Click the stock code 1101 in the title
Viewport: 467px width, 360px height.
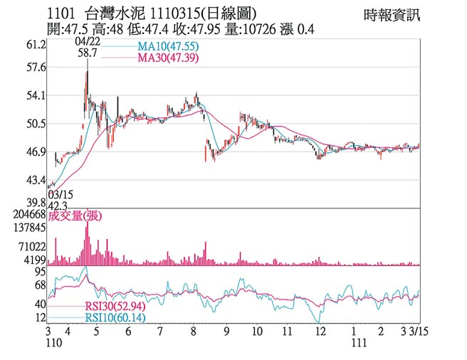point(61,12)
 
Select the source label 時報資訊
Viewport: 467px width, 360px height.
point(392,14)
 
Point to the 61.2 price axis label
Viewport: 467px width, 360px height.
point(36,44)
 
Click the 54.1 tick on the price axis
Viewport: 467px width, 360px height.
point(36,95)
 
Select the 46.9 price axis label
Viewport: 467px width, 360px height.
point(36,152)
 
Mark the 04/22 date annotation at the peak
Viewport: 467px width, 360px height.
point(86,42)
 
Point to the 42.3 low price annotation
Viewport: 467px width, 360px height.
point(61,205)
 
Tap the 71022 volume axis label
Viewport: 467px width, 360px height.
point(32,245)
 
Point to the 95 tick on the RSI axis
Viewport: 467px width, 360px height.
point(40,271)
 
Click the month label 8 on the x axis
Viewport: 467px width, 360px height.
point(194,332)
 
